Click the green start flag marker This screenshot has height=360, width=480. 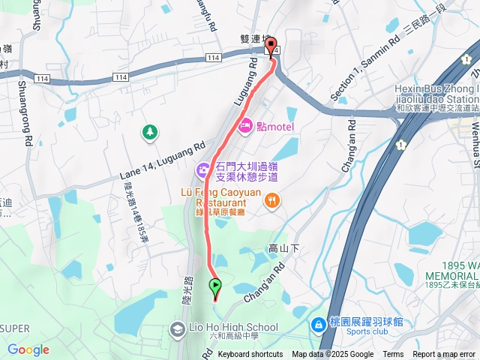[215, 286]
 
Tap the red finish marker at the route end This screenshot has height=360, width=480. [271, 46]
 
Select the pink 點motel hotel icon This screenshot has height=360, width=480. [245, 127]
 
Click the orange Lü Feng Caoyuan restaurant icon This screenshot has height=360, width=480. [271, 200]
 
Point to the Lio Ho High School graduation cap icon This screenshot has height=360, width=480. [177, 328]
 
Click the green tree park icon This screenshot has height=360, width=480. [150, 133]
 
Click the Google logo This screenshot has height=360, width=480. [28, 349]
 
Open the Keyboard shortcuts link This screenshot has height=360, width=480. [250, 355]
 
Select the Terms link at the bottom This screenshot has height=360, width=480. [393, 355]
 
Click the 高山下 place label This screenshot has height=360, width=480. [283, 247]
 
